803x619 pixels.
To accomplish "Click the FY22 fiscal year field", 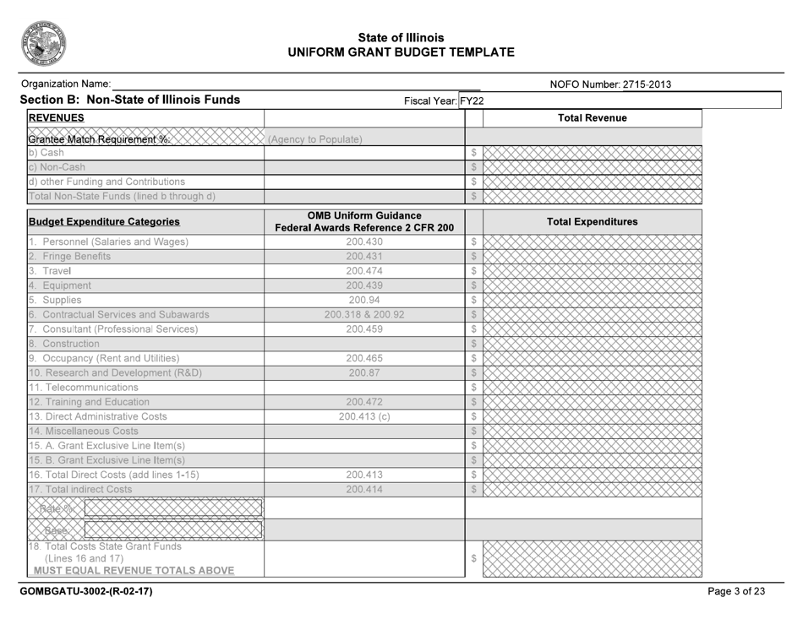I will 472,100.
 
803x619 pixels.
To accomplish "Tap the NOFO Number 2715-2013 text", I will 604,84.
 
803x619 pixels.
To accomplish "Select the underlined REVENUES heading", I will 56,118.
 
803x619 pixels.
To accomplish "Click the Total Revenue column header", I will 592,118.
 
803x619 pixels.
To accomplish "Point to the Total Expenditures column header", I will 592,222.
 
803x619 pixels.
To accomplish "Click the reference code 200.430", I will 364,242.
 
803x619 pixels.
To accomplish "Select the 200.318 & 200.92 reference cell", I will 364,315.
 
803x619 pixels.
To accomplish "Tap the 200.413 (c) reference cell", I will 364,416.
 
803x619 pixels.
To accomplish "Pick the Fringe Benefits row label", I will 76,257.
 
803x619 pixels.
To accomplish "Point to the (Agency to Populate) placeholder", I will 315,139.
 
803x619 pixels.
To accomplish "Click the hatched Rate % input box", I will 172,508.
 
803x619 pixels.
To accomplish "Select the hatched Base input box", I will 172,530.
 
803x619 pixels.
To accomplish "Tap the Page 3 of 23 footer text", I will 736,591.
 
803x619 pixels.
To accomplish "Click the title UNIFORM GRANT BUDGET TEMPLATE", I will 401,52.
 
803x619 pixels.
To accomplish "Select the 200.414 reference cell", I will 364,489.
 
